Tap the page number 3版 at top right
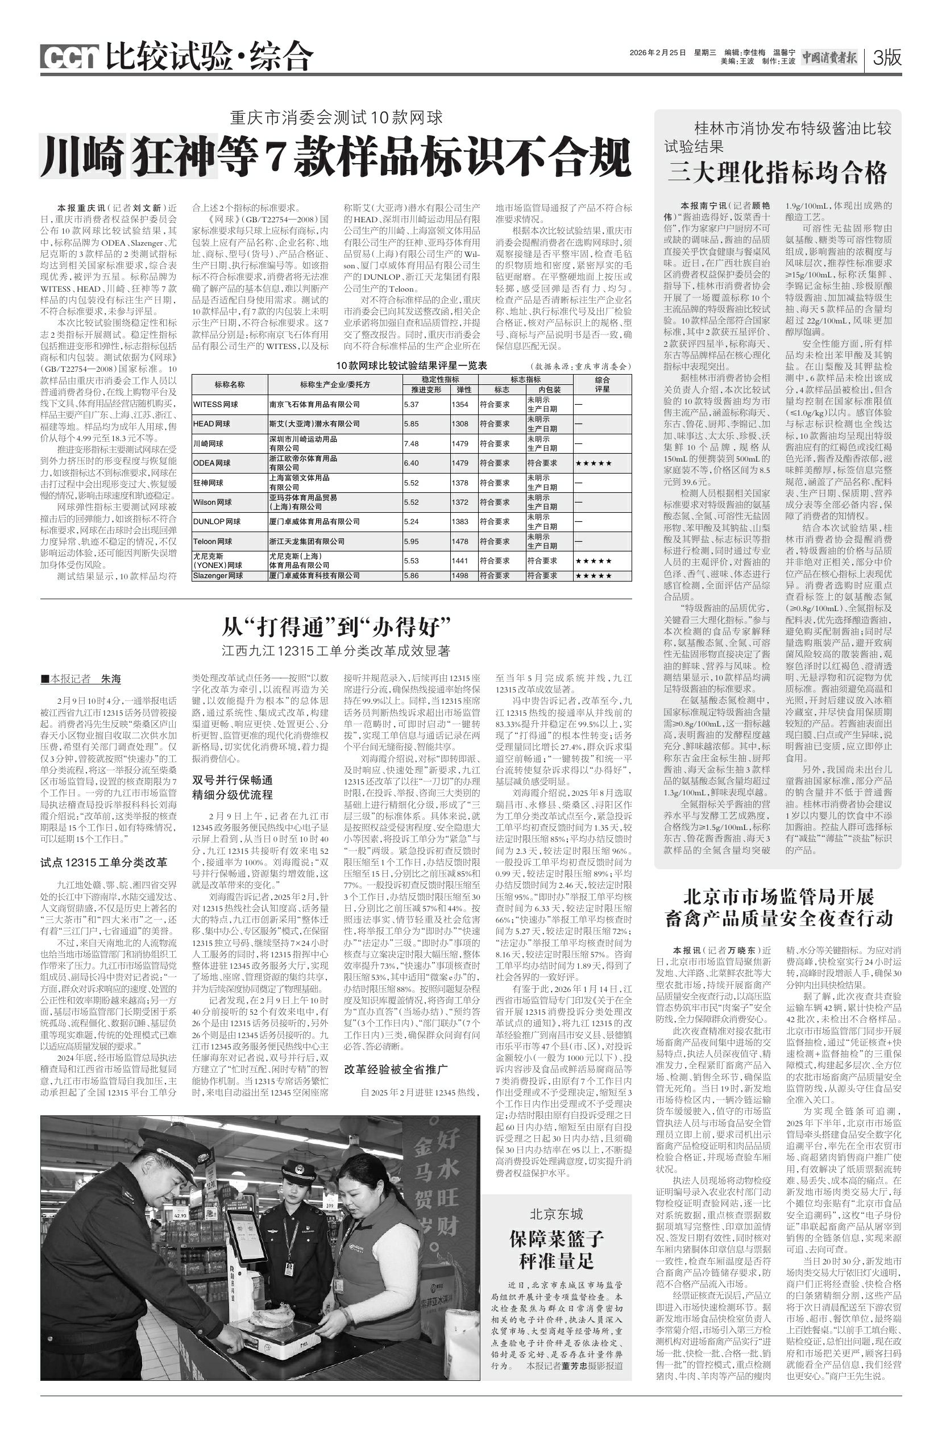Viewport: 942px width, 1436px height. [886, 58]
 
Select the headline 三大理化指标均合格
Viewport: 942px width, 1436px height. [777, 173]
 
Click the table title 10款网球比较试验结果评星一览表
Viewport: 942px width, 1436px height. [413, 366]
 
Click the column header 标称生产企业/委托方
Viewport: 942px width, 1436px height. [335, 384]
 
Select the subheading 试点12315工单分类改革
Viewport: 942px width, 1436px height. [104, 862]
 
